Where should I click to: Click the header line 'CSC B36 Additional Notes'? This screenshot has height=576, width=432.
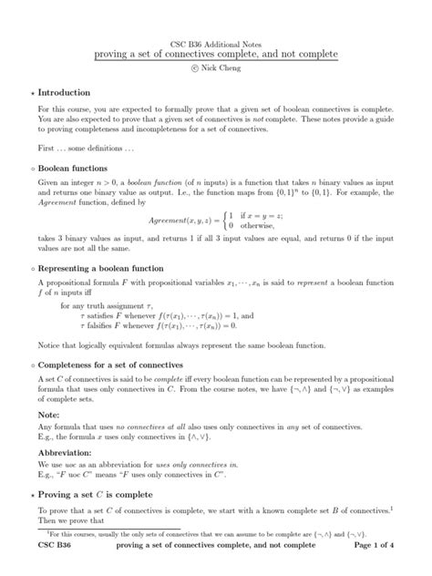point(216,45)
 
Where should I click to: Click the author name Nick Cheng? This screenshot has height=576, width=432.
point(224,68)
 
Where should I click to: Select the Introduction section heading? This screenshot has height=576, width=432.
point(64,93)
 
